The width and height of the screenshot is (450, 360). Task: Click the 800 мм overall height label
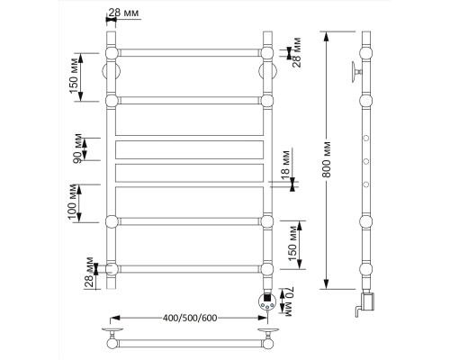coord(327,159)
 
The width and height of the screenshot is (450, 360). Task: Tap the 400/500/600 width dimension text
coord(189,318)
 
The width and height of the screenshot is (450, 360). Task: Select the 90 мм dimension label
coord(78,148)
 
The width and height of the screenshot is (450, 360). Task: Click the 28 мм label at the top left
coord(123,13)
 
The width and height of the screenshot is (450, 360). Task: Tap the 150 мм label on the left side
coord(74,76)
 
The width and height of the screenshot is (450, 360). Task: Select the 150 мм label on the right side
coord(292,244)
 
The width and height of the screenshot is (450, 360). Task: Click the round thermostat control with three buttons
coord(266,301)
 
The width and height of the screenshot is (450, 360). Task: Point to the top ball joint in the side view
coord(366,53)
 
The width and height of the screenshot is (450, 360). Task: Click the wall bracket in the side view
coord(356,72)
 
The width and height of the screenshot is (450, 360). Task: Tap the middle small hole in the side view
coord(366,161)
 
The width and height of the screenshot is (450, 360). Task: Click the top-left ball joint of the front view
coord(112,53)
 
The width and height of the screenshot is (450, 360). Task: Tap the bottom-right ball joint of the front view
coord(266,269)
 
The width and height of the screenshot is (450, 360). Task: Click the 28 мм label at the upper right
coord(296,52)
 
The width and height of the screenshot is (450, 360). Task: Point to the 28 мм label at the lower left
coord(89,272)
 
